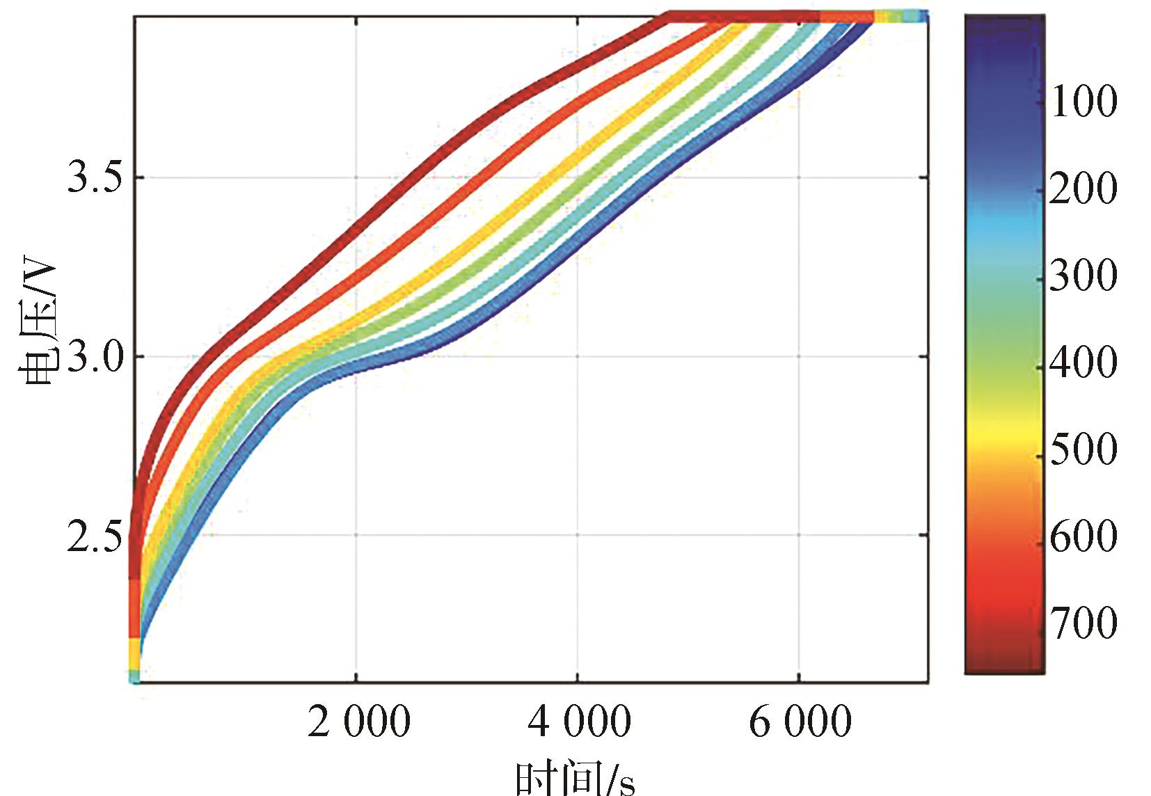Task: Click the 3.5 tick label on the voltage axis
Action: [x=94, y=178]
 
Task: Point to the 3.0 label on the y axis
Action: [x=94, y=358]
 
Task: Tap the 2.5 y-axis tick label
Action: [x=94, y=536]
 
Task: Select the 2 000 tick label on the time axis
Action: [x=358, y=722]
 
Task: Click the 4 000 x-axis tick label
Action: [x=579, y=722]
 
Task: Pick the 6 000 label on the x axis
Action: [x=800, y=722]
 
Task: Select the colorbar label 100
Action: [x=1083, y=101]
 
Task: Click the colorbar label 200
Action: [x=1083, y=188]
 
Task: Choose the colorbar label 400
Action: [x=1083, y=362]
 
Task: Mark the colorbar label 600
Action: [x=1083, y=536]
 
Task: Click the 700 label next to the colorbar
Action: [x=1083, y=623]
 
